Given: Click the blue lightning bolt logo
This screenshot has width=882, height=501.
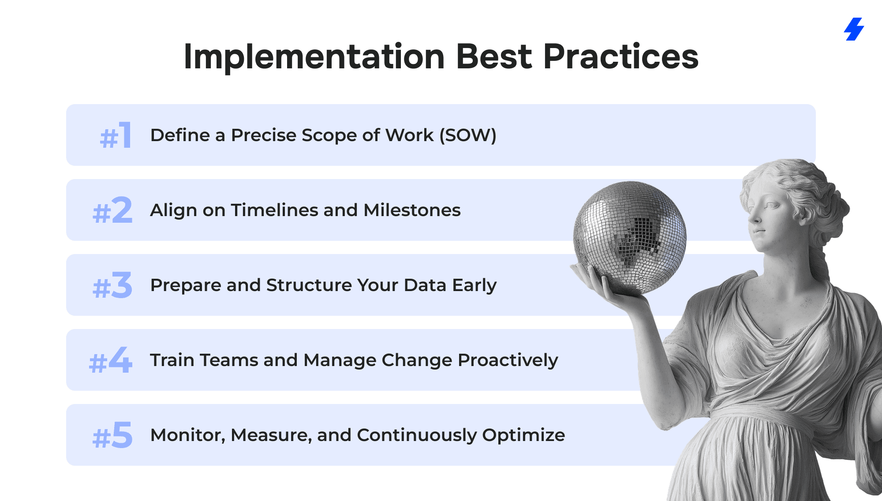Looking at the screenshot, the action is click(854, 29).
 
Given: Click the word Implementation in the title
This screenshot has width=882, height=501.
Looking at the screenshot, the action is click(314, 57).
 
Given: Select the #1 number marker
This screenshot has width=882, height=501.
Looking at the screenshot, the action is click(116, 135).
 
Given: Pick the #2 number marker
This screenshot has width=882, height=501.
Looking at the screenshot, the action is click(112, 210).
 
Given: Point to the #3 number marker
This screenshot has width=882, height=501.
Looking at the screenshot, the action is click(112, 285).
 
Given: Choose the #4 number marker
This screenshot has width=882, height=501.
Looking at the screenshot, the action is click(111, 360).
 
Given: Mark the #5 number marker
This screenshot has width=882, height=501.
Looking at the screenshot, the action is click(112, 435).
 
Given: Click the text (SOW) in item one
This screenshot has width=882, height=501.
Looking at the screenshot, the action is click(468, 135).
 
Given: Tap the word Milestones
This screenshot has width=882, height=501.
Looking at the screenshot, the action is click(412, 210).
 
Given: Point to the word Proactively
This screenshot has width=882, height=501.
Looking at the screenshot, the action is click(508, 360).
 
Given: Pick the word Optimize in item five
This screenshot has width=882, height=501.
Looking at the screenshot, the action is click(523, 435).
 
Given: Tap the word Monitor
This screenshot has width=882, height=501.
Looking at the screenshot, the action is click(188, 435).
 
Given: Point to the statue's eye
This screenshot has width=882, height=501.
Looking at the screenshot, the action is click(772, 206).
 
